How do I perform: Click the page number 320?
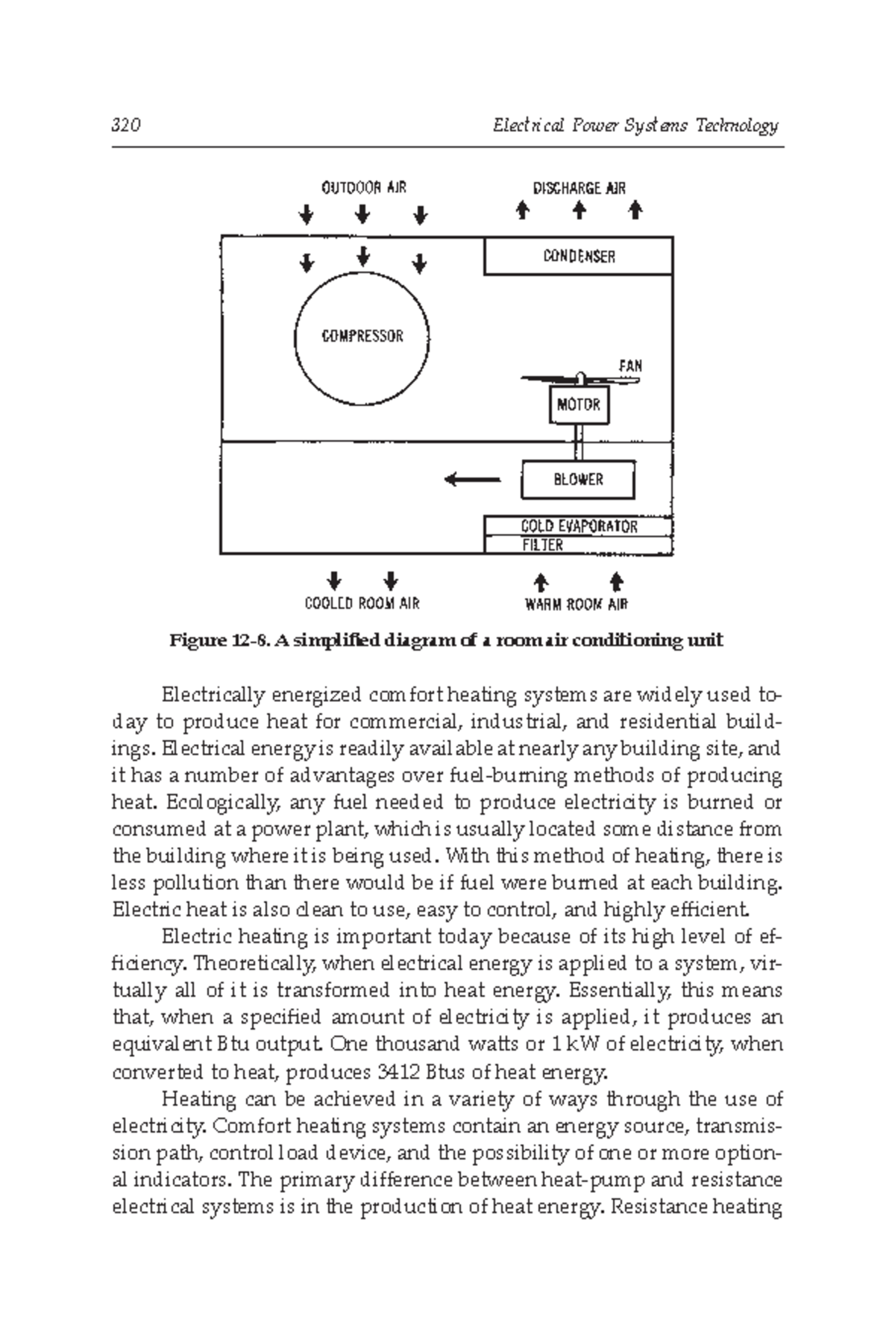pyautogui.click(x=126, y=125)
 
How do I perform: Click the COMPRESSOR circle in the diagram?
pyautogui.click(x=362, y=336)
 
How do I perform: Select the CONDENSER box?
pyautogui.click(x=579, y=257)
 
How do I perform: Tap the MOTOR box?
pyautogui.click(x=579, y=404)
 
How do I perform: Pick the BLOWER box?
pyautogui.click(x=578, y=480)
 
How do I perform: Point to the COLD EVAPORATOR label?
pyautogui.click(x=579, y=526)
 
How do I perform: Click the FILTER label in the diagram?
pyautogui.click(x=542, y=545)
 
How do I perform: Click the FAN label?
pyautogui.click(x=630, y=366)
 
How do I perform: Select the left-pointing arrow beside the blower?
pyautogui.click(x=473, y=479)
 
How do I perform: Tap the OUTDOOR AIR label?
pyautogui.click(x=363, y=187)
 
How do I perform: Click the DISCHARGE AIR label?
pyautogui.click(x=579, y=188)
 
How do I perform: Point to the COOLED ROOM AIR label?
pyautogui.click(x=362, y=603)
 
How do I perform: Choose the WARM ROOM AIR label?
pyautogui.click(x=576, y=604)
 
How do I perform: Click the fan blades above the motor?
pyautogui.click(x=580, y=380)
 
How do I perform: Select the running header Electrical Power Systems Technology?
pyautogui.click(x=635, y=125)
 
